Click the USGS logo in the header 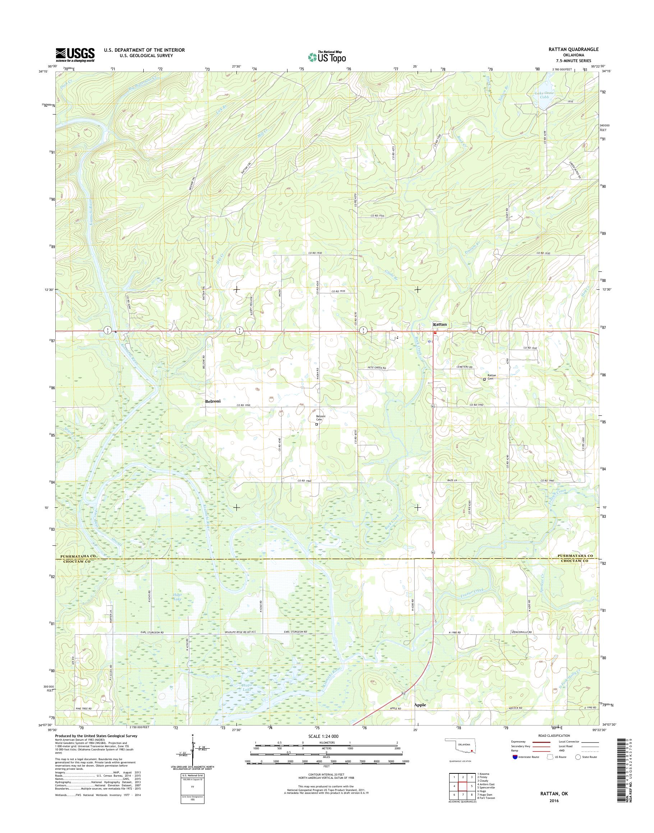point(75,55)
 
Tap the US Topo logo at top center point(327,57)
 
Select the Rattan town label point(439,324)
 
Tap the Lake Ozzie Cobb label point(544,95)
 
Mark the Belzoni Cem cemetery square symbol point(316,424)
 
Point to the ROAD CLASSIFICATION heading point(553,735)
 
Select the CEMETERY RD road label point(465,367)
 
